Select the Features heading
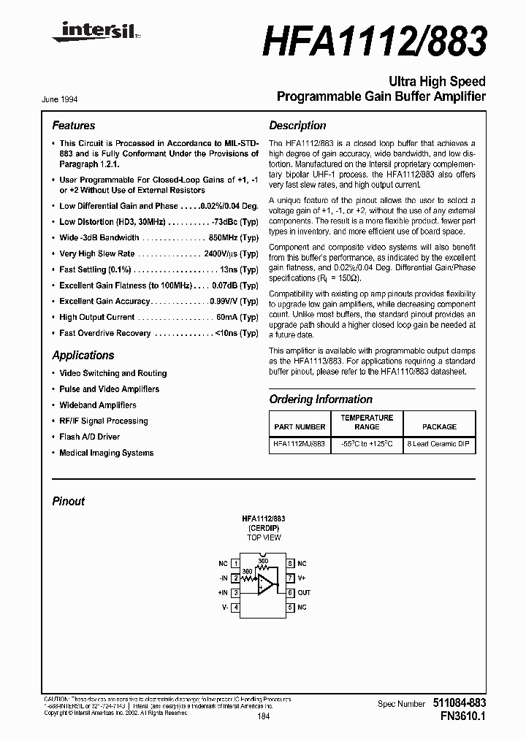pos(73,126)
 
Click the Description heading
pos(297,126)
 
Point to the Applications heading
pos(83,356)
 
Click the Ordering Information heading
pos(320,399)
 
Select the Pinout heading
pos(68,502)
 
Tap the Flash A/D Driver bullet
pos(90,437)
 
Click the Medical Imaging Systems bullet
pos(107,453)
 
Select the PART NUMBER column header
pos(300,426)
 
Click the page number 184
pos(264,717)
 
